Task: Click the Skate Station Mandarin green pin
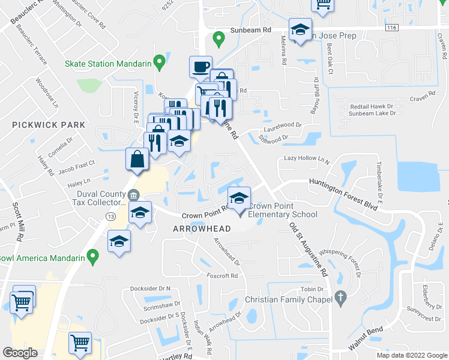[x=160, y=61]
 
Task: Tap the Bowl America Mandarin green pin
[x=92, y=257]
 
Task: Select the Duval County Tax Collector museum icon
[x=133, y=195]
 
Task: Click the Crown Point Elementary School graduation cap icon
[x=238, y=198]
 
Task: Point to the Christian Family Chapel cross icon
[x=340, y=298]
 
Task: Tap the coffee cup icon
[x=200, y=66]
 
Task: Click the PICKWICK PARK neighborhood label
[x=47, y=125]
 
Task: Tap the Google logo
[x=20, y=353]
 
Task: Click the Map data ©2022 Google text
[x=411, y=355]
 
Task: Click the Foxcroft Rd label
[x=222, y=276]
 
